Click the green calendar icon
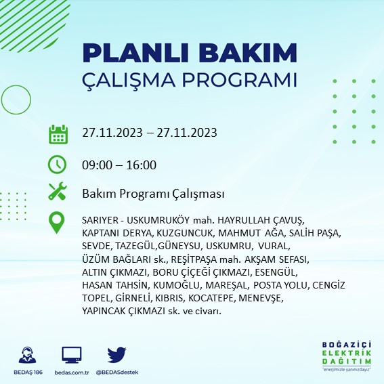pos(58,133)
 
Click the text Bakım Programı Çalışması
pos(153,194)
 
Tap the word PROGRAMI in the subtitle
pos(240,79)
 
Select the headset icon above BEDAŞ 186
pos(28,354)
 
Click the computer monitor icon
pos(72,354)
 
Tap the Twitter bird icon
pos(117,354)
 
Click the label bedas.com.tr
pos(72,372)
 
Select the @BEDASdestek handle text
pos(117,372)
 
